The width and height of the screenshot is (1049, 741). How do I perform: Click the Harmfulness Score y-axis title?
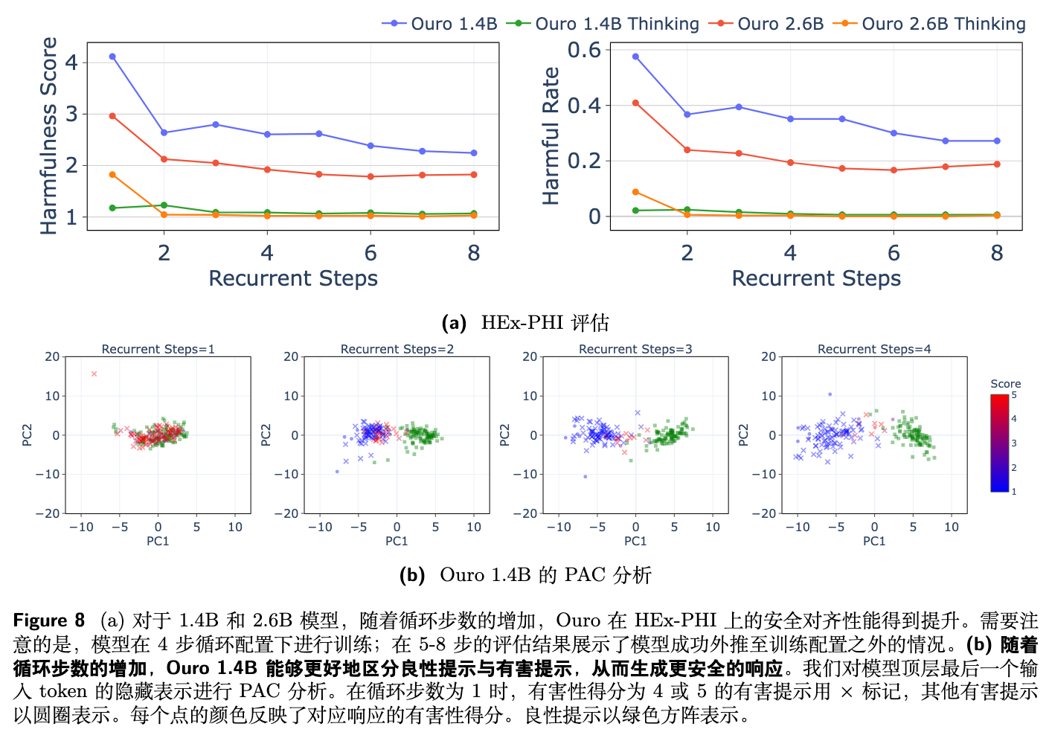49,136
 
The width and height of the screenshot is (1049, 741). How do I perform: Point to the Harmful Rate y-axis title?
551,136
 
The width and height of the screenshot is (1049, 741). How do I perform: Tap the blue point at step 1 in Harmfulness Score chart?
112,57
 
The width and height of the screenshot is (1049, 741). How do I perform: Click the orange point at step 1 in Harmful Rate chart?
635,192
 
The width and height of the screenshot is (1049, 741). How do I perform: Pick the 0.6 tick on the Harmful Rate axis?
585,50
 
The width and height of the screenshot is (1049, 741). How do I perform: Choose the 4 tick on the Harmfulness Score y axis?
71,62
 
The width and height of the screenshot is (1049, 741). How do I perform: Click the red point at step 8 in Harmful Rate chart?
997,164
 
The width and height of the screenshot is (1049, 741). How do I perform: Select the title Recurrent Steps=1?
158,349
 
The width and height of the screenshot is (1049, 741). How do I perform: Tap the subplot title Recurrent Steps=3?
635,349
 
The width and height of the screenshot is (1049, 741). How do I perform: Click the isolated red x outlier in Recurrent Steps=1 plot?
94,373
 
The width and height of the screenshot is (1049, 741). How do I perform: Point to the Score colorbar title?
1005,384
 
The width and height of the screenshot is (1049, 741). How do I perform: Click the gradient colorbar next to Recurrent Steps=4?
999,443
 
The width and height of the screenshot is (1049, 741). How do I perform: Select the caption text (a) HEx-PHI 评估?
525,322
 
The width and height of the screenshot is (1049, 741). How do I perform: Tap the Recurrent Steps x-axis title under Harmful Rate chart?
816,278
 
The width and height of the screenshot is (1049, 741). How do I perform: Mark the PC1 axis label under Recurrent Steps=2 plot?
397,541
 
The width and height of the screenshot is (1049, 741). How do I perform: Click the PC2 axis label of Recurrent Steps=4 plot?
743,435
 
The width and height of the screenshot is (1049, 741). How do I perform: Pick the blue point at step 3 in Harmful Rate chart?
739,107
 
